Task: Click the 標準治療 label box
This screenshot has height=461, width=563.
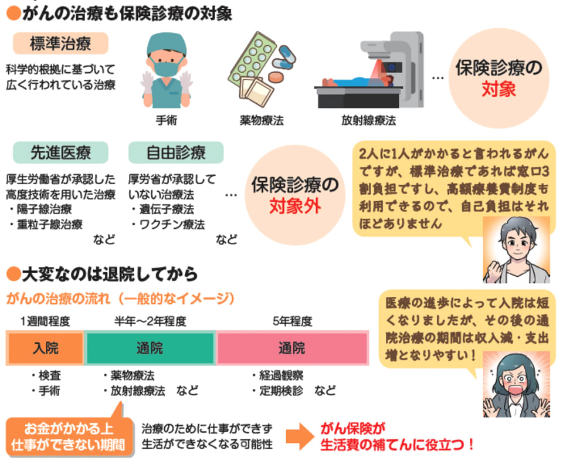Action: click(x=60, y=43)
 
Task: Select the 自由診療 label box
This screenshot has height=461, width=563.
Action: click(x=175, y=153)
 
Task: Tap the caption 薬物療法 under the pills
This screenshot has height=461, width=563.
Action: click(x=261, y=121)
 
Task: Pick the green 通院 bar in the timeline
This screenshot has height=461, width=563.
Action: click(x=150, y=348)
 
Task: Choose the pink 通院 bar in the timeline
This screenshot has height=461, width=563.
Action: click(x=291, y=348)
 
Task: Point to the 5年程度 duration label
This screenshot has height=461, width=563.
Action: click(x=292, y=321)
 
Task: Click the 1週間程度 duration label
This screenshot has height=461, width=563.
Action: click(x=45, y=321)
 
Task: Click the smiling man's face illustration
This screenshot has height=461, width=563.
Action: click(x=516, y=246)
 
